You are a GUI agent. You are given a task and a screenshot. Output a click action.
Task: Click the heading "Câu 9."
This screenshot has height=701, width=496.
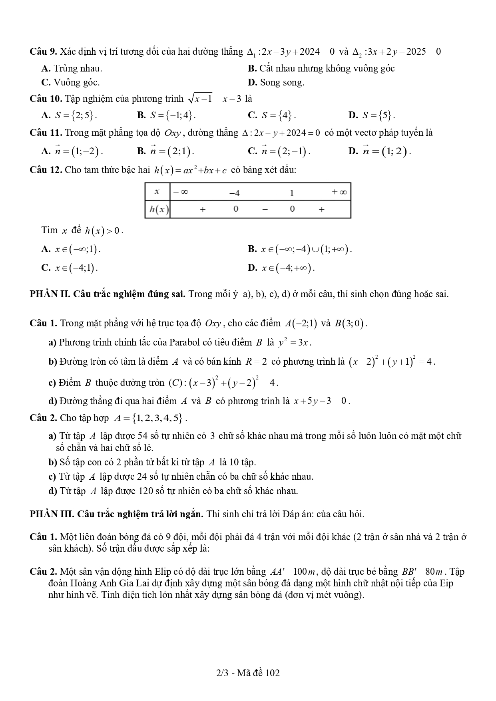point(43,52)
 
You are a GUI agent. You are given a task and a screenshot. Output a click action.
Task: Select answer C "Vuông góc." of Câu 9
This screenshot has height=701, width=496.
point(71,83)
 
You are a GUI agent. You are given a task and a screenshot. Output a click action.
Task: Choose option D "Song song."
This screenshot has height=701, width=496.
point(276,83)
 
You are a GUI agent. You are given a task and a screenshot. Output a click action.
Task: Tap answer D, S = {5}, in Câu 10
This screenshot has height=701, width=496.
point(372,115)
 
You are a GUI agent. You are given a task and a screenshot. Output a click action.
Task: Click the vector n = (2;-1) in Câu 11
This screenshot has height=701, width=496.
point(279,151)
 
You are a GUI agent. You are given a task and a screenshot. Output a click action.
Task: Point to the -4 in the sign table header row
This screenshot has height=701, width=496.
point(235,193)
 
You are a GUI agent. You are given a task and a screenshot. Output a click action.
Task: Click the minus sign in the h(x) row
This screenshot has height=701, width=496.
point(264,209)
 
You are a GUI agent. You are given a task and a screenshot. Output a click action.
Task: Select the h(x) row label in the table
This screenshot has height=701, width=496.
point(158,209)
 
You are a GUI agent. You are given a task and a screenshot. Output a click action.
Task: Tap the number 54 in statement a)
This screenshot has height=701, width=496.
point(142,436)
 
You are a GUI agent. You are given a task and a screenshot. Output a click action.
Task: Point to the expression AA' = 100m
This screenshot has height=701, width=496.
point(293,572)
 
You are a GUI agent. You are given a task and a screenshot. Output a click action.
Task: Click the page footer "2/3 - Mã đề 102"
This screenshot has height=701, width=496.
point(248,673)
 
